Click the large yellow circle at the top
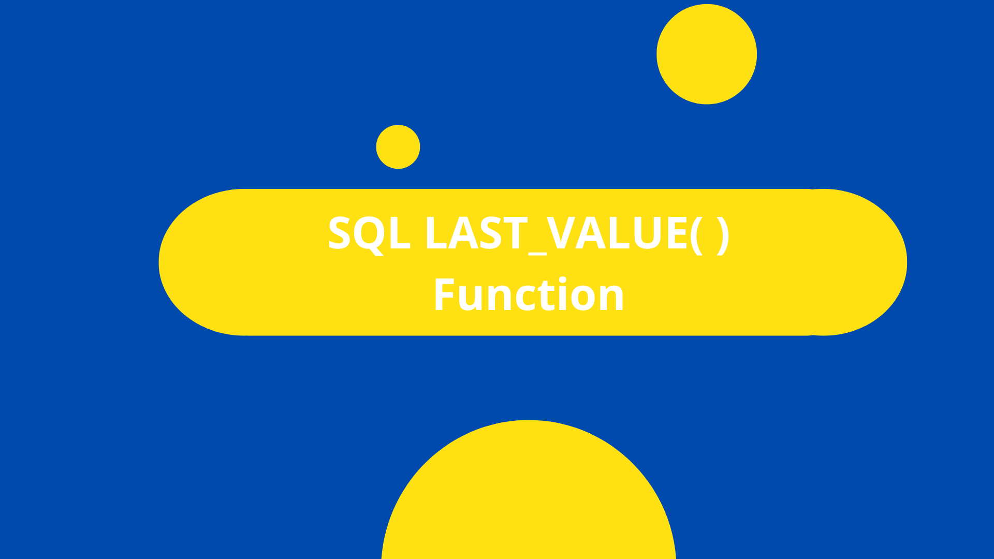[x=707, y=54]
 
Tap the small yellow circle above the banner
[x=398, y=146]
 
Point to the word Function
[x=529, y=295]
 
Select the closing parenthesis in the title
[x=723, y=234]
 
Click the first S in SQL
[x=340, y=233]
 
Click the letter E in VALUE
[x=678, y=233]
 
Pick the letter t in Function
[x=547, y=295]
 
